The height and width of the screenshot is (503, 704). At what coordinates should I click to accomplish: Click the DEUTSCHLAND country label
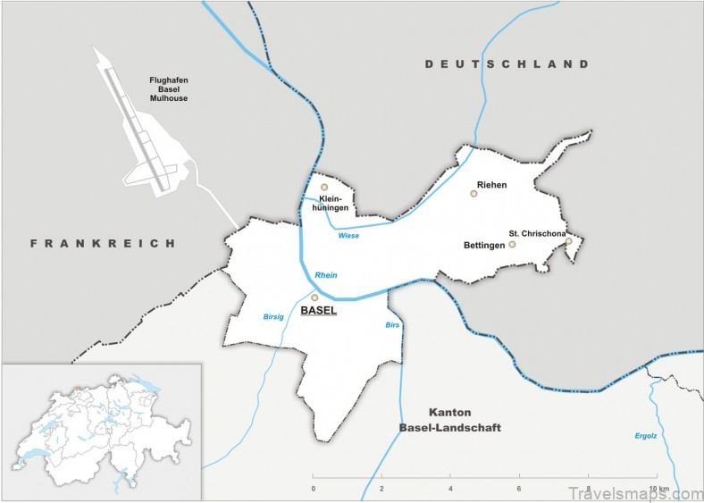[x=507, y=64]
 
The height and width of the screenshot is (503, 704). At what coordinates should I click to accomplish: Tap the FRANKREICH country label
[x=103, y=243]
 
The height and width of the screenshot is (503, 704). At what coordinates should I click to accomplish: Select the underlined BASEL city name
[x=319, y=311]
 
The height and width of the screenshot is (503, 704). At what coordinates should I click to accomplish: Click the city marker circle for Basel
[x=314, y=298]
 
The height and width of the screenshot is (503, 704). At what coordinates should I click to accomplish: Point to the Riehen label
[x=491, y=185]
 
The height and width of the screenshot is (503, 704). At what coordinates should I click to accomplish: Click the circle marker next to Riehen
[x=474, y=193]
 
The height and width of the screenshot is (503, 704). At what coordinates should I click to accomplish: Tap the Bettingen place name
[x=484, y=244]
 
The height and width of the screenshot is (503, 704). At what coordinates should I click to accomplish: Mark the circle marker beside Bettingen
[x=512, y=244]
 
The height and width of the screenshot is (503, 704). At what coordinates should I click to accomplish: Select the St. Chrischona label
[x=537, y=233]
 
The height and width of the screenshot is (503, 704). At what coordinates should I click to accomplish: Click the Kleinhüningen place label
[x=330, y=203]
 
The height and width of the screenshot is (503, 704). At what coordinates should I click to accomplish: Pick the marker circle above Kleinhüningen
[x=324, y=188]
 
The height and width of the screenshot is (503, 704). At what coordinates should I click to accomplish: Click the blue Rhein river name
[x=326, y=275]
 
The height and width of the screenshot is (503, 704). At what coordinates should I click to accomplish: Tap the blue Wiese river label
[x=348, y=236]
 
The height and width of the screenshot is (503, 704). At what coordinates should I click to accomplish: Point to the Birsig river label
[x=274, y=316]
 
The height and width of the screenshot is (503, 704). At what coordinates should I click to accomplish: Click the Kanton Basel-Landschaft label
[x=450, y=420]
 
